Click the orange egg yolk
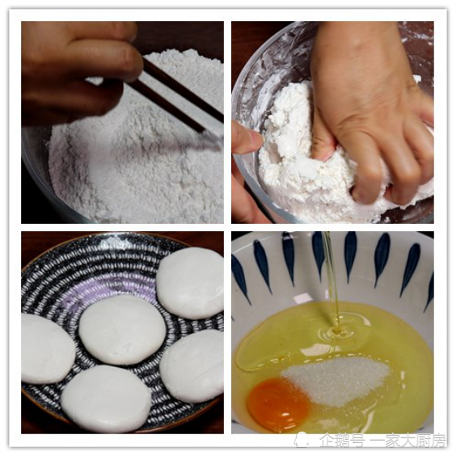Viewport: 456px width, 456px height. tap(277, 405)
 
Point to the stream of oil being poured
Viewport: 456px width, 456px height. tap(331, 279)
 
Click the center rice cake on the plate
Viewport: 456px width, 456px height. tap(122, 330)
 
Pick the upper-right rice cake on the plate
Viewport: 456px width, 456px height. tap(191, 283)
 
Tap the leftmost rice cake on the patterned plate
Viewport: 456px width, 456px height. tap(47, 348)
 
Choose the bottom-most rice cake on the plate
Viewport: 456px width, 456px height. tap(106, 399)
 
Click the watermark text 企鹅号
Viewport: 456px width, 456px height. tap(342, 441)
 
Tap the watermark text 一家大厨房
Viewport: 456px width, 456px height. tap(408, 441)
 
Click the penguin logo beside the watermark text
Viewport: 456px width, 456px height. tap(303, 439)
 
